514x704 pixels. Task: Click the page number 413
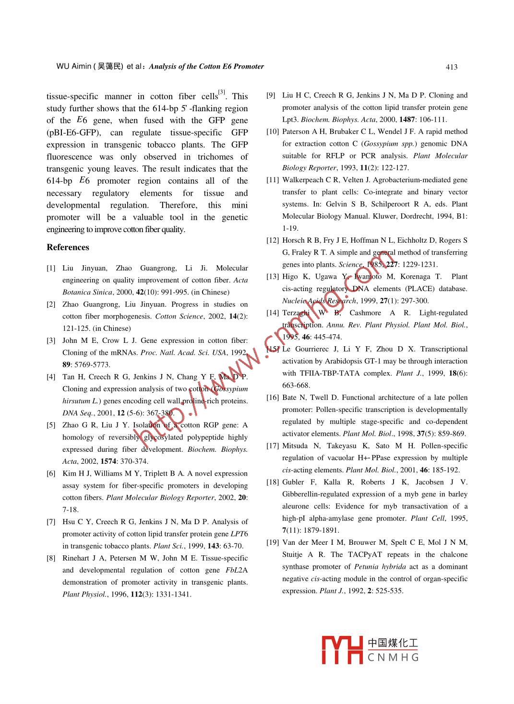pyautogui.click(x=451, y=67)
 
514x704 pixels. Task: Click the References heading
pyautogui.click(x=68, y=247)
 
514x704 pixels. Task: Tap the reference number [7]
pyautogui.click(x=51, y=522)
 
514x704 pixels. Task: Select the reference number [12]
pyautogui.click(x=272, y=240)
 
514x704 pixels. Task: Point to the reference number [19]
pyautogui.click(x=272, y=542)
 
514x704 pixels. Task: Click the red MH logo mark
pyautogui.click(x=342, y=650)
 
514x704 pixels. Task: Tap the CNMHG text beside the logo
pyautogui.click(x=393, y=657)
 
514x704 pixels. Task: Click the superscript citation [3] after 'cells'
pyautogui.click(x=222, y=92)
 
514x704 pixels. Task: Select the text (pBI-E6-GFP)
pyautogui.click(x=74, y=133)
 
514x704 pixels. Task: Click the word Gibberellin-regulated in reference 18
pyautogui.click(x=315, y=494)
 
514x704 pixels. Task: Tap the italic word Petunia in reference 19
pyautogui.click(x=366, y=566)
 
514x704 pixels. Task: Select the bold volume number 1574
pyautogui.click(x=108, y=461)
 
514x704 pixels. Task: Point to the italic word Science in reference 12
pyautogui.click(x=350, y=264)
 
